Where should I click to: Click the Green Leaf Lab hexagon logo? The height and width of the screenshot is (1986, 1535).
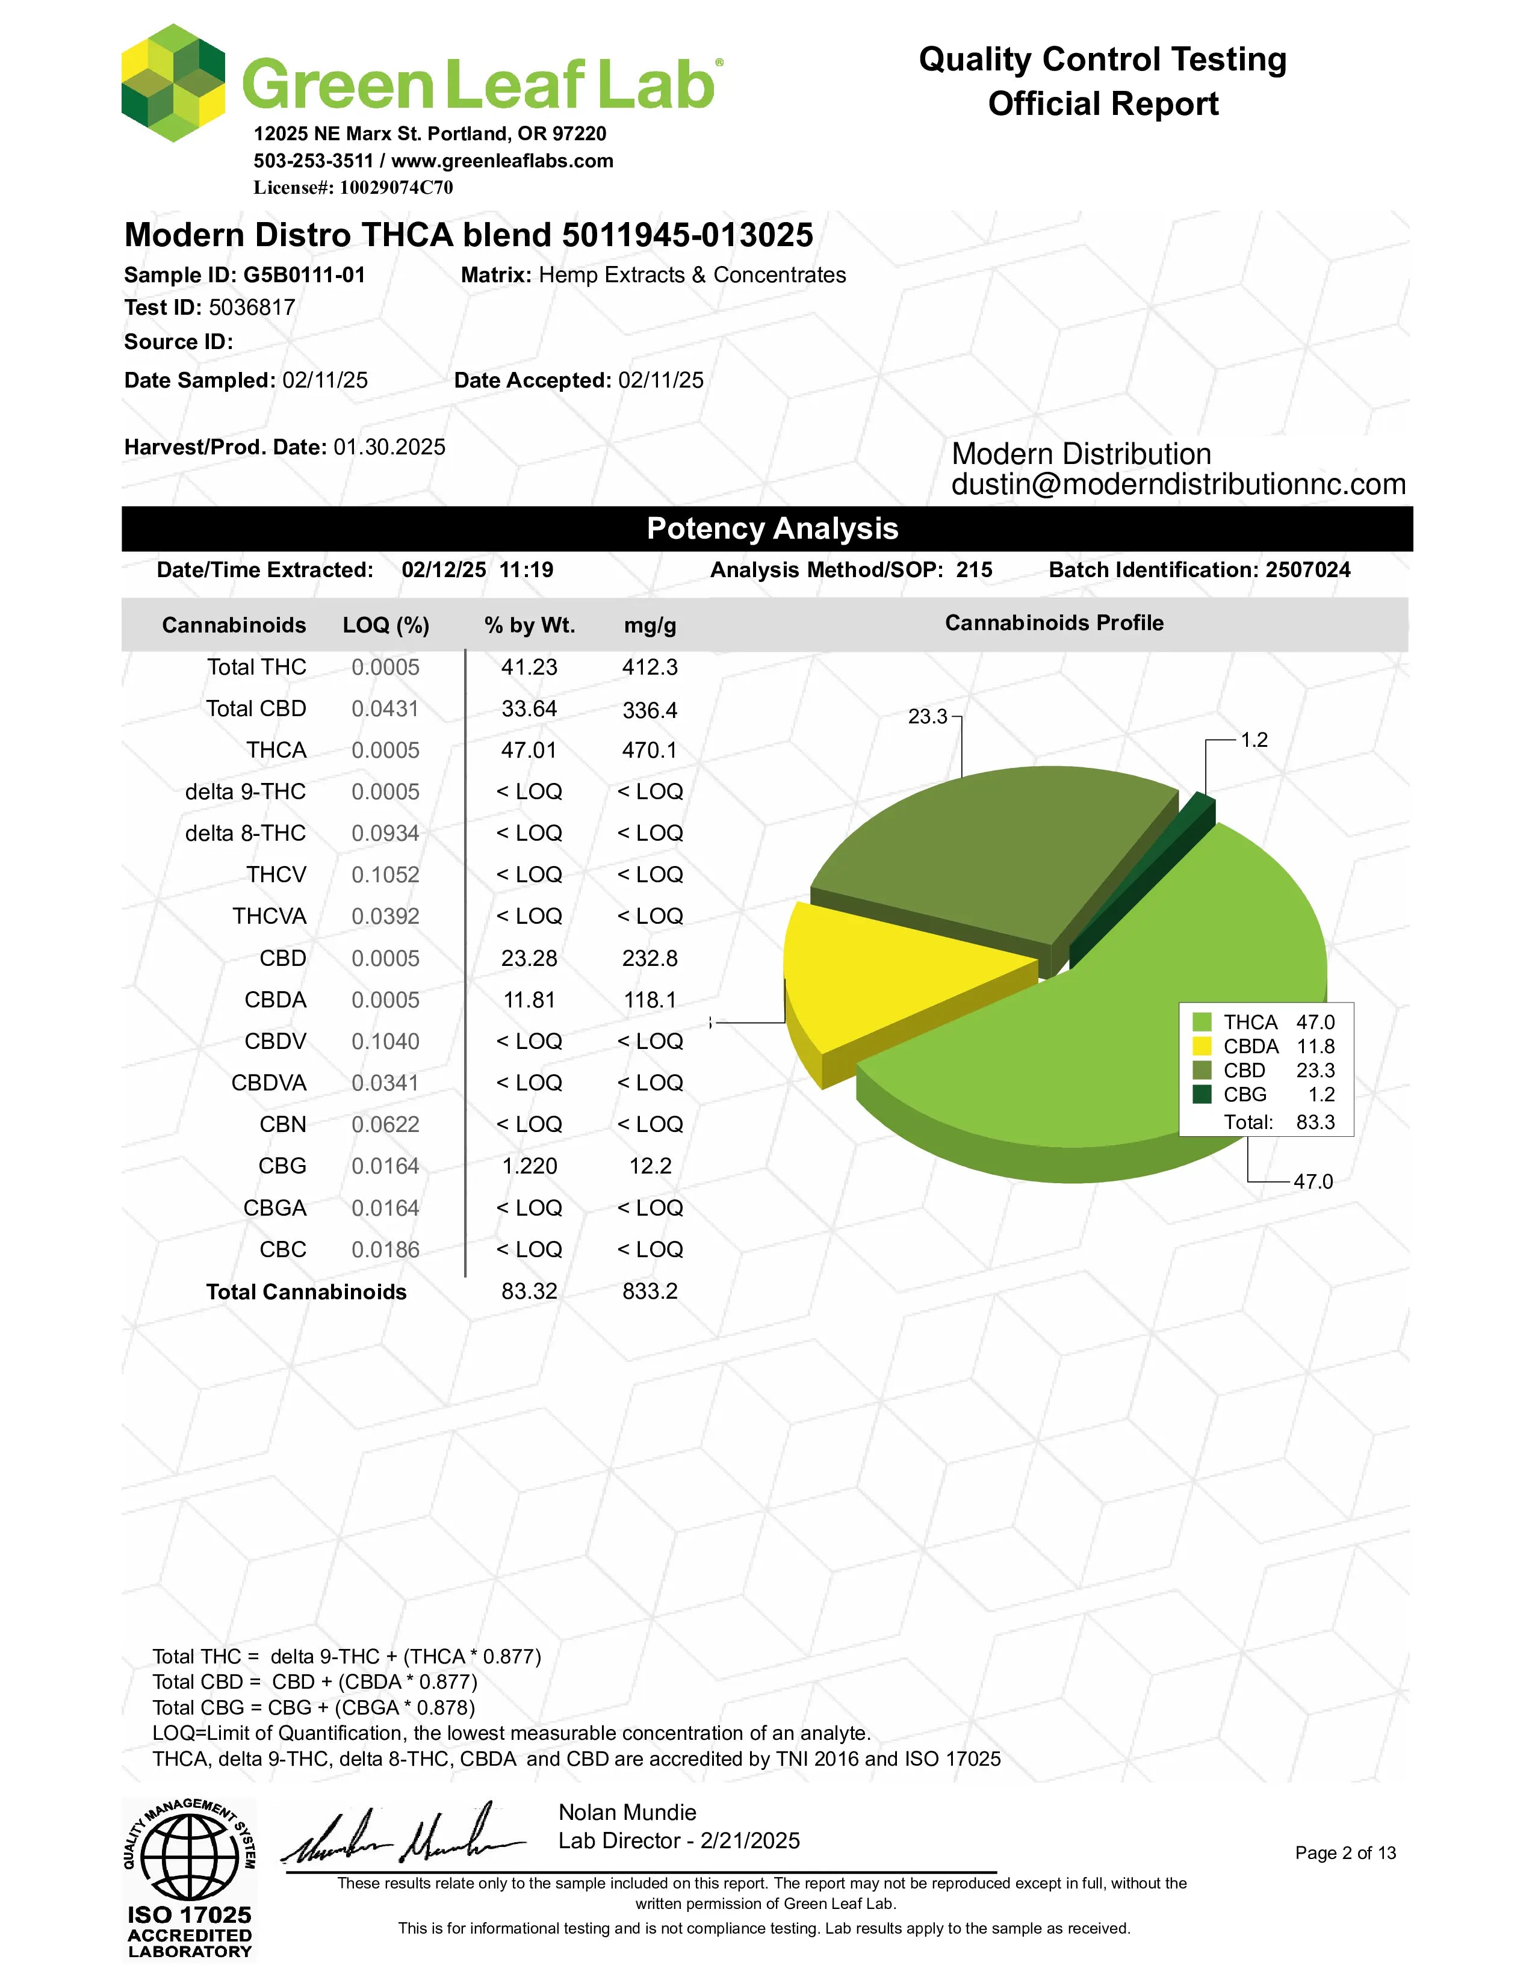173,84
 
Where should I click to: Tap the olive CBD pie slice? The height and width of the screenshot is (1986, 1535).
991,855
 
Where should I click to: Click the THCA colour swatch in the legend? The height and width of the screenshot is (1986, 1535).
1202,1022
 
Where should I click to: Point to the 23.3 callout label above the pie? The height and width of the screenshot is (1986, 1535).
928,717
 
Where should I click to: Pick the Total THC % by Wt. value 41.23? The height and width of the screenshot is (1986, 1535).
529,667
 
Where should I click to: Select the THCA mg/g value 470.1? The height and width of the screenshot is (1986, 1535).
650,750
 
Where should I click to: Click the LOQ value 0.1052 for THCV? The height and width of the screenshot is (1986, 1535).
386,875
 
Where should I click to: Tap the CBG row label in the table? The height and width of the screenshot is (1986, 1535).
283,1166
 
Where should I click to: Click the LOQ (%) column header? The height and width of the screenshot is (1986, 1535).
386,626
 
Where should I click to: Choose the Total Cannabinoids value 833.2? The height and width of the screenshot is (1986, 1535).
650,1292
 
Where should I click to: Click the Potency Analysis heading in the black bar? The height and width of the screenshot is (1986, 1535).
772,528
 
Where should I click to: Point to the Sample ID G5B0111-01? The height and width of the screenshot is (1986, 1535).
304,274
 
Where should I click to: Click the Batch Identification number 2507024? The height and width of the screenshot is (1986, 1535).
1307,570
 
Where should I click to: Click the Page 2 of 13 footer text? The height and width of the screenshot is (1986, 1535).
1345,1853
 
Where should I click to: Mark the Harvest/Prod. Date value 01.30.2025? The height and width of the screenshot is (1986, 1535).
389,447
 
